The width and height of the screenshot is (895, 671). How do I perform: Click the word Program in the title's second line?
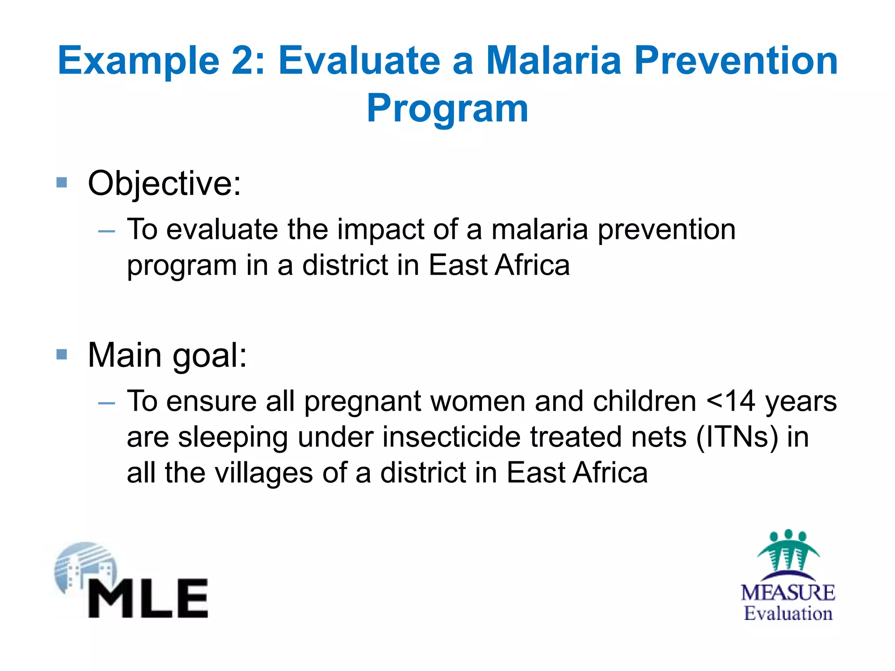[447, 109]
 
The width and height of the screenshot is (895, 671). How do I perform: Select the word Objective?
[164, 183]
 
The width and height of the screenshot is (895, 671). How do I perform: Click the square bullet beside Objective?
[62, 182]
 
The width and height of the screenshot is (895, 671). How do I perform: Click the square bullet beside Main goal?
[62, 354]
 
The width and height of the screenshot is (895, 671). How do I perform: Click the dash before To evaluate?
[107, 231]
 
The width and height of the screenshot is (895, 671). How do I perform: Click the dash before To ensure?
[107, 403]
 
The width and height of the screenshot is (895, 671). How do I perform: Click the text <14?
[731, 401]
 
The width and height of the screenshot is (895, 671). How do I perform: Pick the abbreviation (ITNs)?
[737, 437]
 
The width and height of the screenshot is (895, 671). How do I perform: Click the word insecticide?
[451, 437]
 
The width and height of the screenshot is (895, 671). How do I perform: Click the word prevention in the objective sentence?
[666, 229]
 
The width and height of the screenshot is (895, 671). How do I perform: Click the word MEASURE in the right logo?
[788, 593]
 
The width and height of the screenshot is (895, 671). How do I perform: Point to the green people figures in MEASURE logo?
[788, 550]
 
